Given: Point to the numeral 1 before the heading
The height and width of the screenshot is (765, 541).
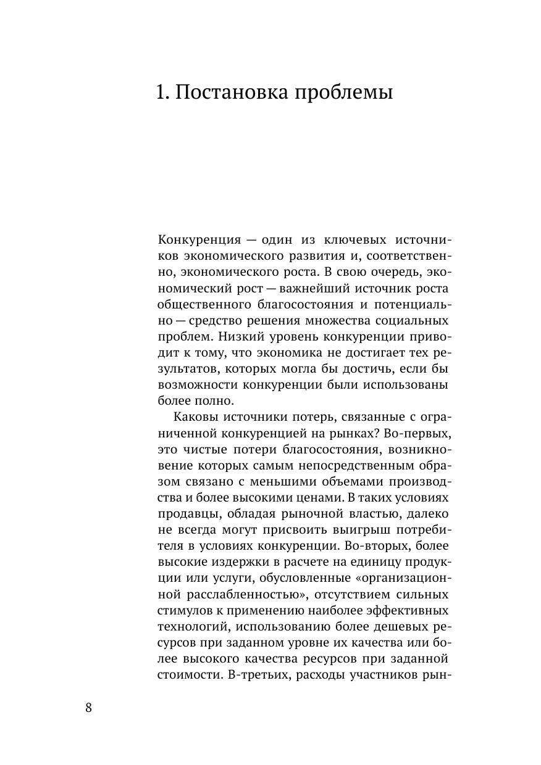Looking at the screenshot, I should (162, 93).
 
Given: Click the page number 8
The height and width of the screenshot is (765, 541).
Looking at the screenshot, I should (88, 708).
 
